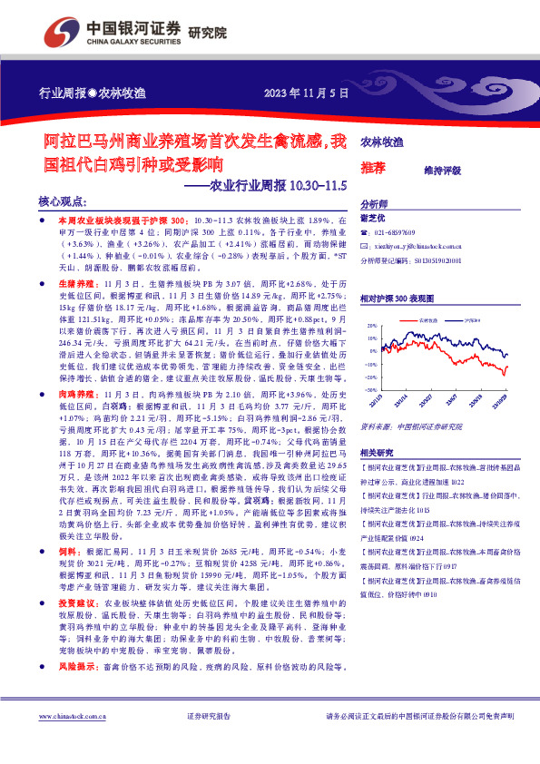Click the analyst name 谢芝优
(x=374, y=219)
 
